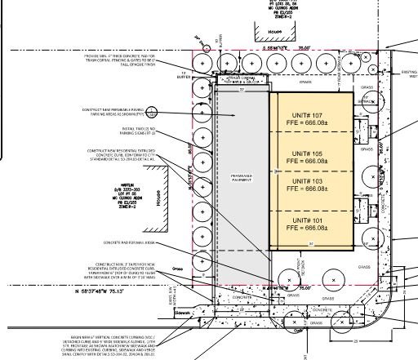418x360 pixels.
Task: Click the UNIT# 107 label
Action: [311, 115]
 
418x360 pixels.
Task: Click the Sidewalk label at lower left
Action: [181, 310]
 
